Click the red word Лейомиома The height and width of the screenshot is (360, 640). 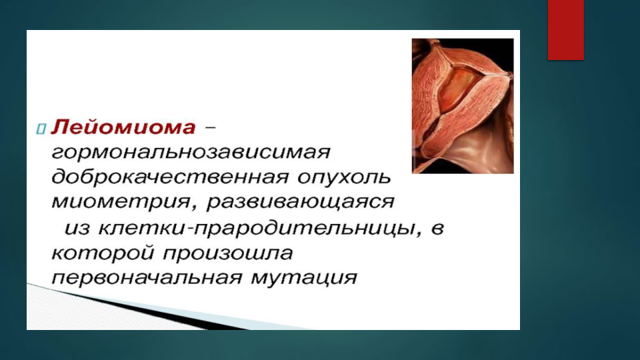(123, 127)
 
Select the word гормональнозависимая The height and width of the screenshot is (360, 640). (191, 153)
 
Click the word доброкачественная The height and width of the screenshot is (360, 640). (170, 177)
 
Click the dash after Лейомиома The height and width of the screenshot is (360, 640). (210, 127)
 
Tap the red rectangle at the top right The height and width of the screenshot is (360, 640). (566, 30)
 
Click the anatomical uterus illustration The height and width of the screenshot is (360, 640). (463, 106)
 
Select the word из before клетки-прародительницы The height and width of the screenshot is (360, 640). (77, 229)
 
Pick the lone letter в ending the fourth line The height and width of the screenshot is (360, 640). (437, 229)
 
